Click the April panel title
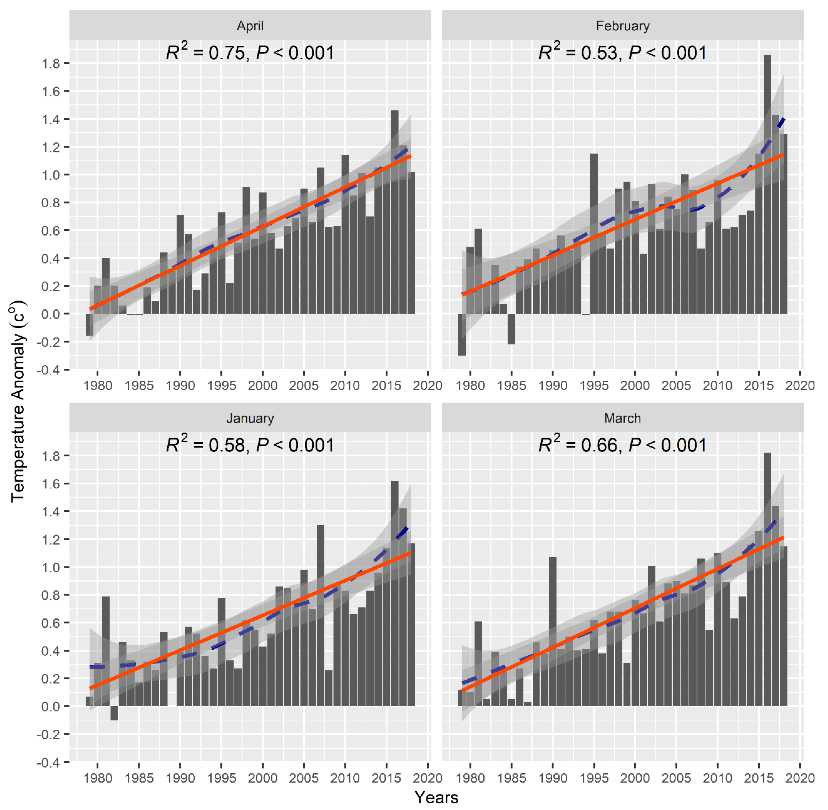(250, 26)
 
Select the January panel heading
(250, 418)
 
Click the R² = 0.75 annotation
(250, 53)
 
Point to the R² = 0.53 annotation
(622, 53)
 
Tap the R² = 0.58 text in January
(250, 445)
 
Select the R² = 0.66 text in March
(622, 445)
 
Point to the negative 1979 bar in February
(462, 334)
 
